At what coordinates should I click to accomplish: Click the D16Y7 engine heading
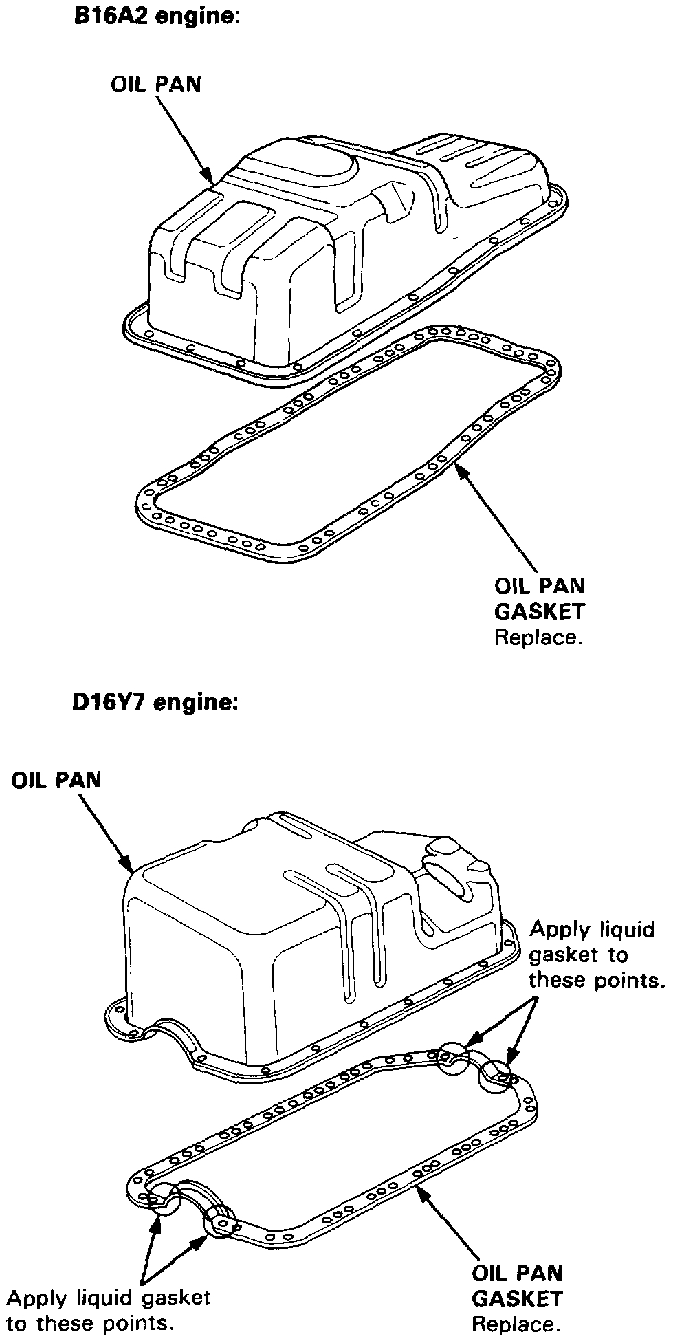(x=155, y=704)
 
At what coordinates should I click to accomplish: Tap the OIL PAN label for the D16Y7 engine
(x=56, y=781)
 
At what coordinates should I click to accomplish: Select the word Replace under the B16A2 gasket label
(x=539, y=637)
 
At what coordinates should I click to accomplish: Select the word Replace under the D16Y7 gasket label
(x=516, y=1323)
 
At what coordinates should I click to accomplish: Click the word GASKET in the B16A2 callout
(x=540, y=611)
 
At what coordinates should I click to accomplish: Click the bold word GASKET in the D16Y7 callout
(x=517, y=1298)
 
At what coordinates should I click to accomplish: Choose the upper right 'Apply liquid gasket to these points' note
(x=595, y=955)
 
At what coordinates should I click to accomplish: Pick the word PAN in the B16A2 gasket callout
(x=562, y=586)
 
